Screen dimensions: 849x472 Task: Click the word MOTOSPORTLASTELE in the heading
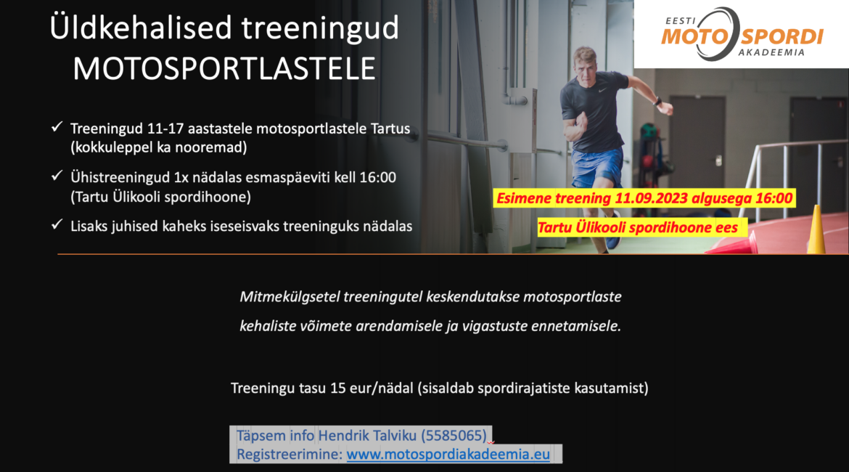click(x=224, y=69)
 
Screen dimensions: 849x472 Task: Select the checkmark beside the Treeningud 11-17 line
click(x=57, y=127)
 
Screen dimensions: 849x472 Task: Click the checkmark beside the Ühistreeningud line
click(x=57, y=176)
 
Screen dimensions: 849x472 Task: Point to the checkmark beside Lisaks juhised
click(x=57, y=224)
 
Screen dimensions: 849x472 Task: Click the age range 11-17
click(x=165, y=129)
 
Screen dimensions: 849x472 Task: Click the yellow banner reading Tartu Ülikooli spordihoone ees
click(x=642, y=227)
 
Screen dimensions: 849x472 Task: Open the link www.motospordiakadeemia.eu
click(x=448, y=454)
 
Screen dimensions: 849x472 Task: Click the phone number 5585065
click(x=454, y=436)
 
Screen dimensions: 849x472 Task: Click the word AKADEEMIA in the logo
click(x=771, y=52)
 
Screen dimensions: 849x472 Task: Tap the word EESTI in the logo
click(x=680, y=21)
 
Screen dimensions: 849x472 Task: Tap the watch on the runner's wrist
click(x=657, y=102)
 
